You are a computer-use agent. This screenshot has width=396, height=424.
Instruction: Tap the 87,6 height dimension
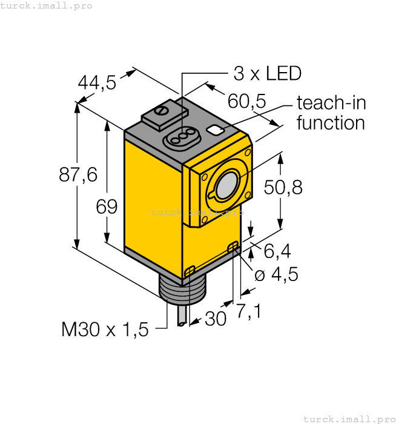coord(78,174)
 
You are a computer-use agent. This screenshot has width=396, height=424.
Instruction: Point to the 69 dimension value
coord(107,207)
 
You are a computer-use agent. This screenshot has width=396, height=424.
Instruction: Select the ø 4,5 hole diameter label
coord(276,274)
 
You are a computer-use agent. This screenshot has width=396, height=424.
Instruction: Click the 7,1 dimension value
coord(248,311)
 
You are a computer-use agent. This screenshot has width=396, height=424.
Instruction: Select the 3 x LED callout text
coord(267,74)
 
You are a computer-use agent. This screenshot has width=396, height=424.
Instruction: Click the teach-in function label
coord(331,113)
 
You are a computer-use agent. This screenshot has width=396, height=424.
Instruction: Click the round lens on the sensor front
coord(225,185)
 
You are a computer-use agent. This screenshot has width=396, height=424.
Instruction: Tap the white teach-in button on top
coord(214,130)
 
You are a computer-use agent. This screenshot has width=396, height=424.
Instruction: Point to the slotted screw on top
coord(161,111)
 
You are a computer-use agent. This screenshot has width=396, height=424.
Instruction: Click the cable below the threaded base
coord(182,317)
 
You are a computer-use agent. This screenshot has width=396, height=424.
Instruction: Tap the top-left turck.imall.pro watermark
coord(47,5)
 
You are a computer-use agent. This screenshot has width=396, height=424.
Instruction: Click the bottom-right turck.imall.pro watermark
coord(349,419)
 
